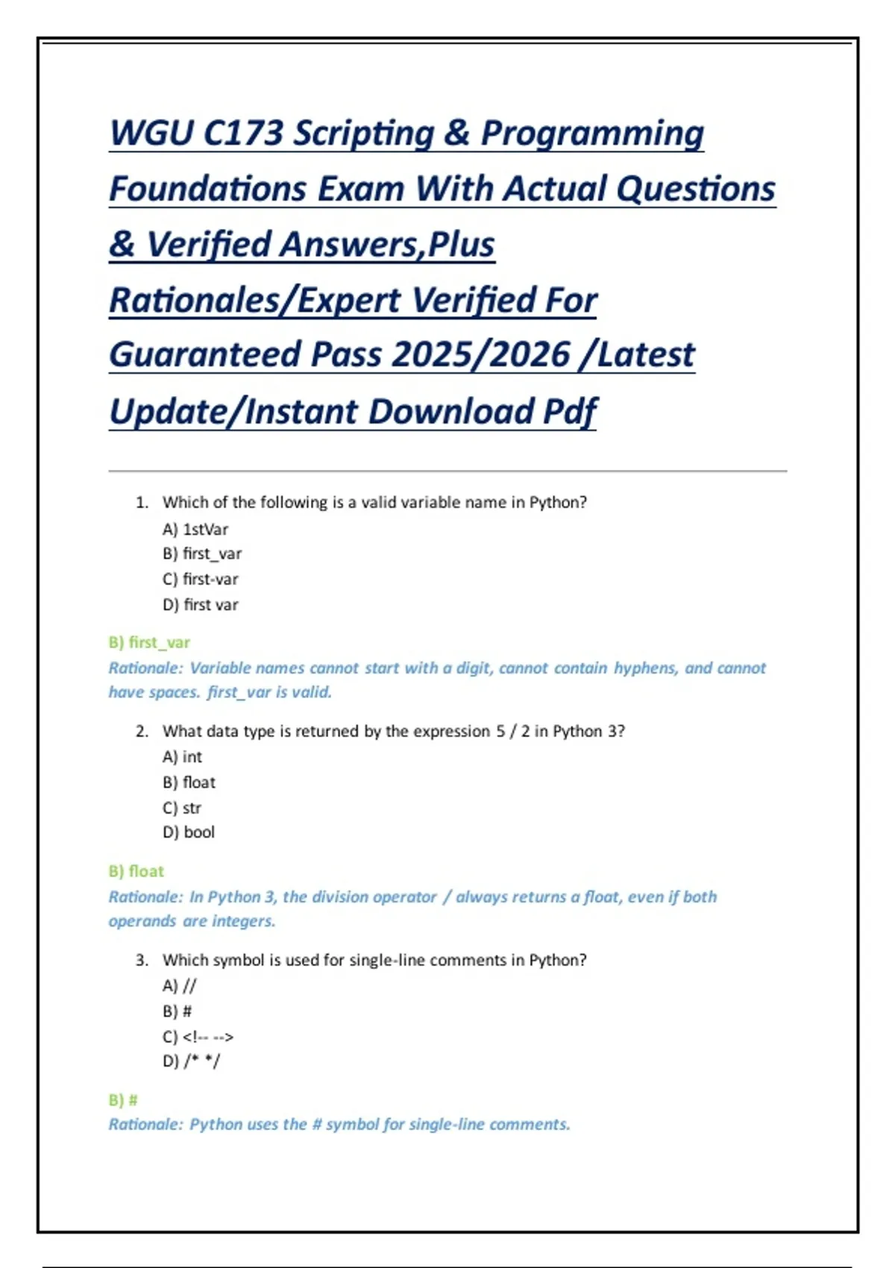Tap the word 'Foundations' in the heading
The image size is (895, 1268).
[208, 189]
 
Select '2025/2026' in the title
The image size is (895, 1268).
[480, 355]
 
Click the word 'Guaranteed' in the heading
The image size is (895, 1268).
[204, 355]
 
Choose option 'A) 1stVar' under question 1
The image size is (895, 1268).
[195, 530]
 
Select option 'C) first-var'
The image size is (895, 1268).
[201, 580]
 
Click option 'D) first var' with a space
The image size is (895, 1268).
[201, 605]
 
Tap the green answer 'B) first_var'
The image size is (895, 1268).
[149, 643]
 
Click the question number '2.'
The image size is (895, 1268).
[142, 732]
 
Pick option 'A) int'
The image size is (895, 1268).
[183, 757]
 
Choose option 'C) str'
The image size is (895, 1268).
[182, 808]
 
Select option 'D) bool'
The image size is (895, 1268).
[189, 832]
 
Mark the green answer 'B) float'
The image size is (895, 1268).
[136, 872]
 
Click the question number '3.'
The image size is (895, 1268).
[142, 961]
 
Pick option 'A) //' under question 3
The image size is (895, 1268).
[180, 986]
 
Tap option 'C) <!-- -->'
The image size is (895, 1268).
[198, 1038]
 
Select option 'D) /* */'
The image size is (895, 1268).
[192, 1061]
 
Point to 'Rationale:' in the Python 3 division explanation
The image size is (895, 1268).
[145, 897]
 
